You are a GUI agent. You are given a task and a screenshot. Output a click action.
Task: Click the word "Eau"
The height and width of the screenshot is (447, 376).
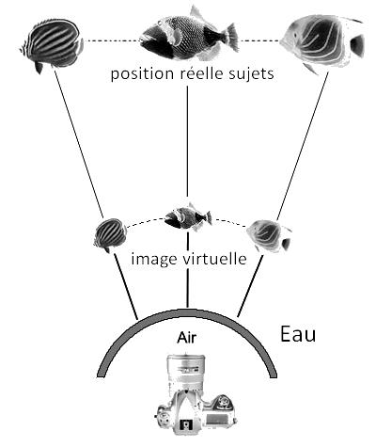298,334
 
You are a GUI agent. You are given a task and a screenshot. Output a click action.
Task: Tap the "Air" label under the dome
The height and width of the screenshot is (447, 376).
187,338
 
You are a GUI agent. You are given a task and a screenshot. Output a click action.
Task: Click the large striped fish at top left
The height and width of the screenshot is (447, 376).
52,44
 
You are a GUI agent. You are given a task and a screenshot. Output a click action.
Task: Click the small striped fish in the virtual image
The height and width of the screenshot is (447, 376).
110,234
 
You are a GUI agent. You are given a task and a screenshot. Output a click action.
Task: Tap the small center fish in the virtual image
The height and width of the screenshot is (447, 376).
188,216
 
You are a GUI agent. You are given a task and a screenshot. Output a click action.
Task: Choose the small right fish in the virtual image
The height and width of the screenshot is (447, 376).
270,235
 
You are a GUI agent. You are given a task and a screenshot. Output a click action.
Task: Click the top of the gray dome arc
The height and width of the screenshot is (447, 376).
187,312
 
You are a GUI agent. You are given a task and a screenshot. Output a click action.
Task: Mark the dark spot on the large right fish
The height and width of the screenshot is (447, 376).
357,45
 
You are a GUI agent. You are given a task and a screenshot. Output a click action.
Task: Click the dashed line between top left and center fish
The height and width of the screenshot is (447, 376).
112,40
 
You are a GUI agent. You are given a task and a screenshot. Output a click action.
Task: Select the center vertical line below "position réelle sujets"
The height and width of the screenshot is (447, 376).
187,141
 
